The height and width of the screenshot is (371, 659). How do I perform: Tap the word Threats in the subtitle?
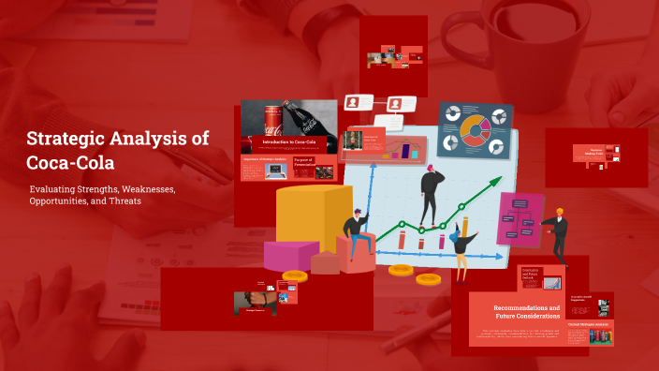pos(124,201)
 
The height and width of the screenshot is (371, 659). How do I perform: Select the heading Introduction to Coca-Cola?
pos(288,142)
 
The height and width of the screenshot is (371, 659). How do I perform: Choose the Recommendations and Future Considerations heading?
pos(527,311)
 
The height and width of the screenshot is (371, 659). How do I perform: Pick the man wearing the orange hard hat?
pos(558,234)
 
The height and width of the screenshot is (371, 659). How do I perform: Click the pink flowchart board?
pos(520,218)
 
